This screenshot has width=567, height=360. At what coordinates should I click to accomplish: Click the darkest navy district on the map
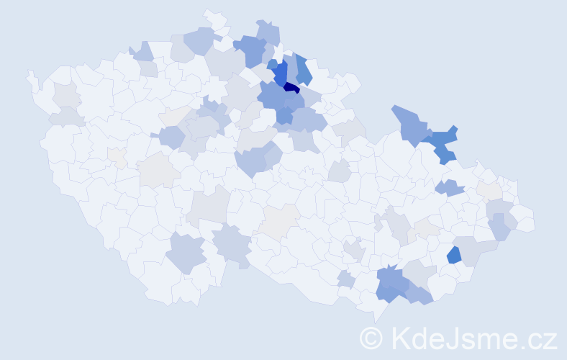(x=291, y=88)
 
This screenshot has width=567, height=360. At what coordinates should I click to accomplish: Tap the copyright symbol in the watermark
(x=371, y=338)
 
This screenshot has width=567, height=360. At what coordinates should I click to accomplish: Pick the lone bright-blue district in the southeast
(x=453, y=254)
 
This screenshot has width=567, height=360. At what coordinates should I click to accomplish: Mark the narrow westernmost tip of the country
(x=30, y=74)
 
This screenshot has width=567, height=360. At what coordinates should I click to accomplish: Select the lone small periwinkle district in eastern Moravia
(x=450, y=188)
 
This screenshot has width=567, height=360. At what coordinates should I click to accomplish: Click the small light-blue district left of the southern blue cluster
(x=345, y=279)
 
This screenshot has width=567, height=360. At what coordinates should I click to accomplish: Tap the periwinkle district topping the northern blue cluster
(x=268, y=32)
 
